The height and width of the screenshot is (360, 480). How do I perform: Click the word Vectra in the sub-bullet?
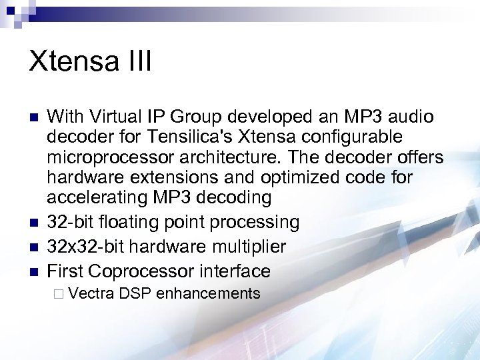click(93, 293)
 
